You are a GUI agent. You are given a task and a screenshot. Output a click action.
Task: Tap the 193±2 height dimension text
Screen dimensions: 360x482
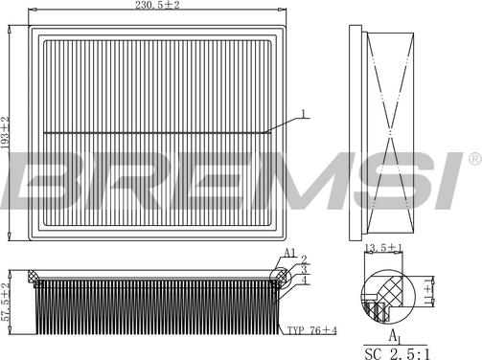pyautogui.click(x=7, y=133)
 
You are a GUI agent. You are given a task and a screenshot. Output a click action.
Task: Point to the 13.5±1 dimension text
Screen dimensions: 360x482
pyautogui.click(x=381, y=248)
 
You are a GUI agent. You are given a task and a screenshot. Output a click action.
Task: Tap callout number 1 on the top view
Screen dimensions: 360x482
pyautogui.click(x=304, y=114)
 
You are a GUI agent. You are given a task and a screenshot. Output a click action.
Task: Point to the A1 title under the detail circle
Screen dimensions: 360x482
pyautogui.click(x=393, y=335)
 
